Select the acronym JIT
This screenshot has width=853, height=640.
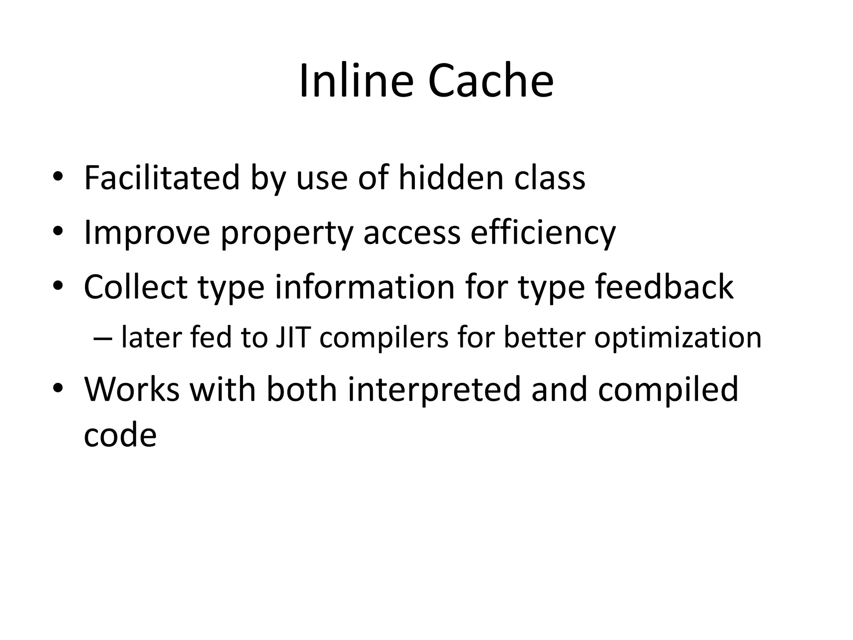pyautogui.click(x=293, y=337)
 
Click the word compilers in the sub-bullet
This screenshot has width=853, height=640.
pyautogui.click(x=384, y=338)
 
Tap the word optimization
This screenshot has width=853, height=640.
pyautogui.click(x=678, y=338)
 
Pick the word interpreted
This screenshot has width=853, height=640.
pyautogui.click(x=434, y=390)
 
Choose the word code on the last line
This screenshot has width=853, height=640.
pyautogui.click(x=120, y=435)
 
